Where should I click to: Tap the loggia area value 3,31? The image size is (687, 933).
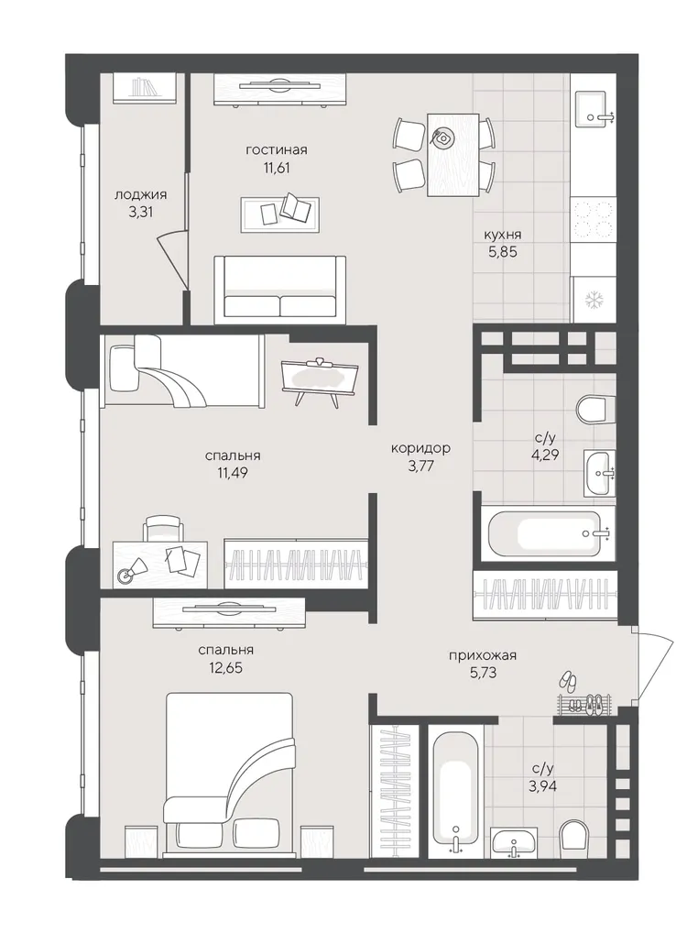pyautogui.click(x=140, y=211)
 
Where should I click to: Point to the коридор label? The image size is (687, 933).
pyautogui.click(x=420, y=448)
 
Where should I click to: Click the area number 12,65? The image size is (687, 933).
pyautogui.click(x=222, y=667)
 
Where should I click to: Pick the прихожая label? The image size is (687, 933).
pyautogui.click(x=483, y=655)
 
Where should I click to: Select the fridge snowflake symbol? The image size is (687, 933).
pyautogui.click(x=593, y=301)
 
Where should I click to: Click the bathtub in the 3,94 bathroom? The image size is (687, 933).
pyautogui.click(x=455, y=787)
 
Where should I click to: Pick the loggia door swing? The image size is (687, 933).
pyautogui.click(x=173, y=259)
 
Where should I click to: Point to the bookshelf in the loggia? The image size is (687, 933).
pyautogui.click(x=145, y=88)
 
